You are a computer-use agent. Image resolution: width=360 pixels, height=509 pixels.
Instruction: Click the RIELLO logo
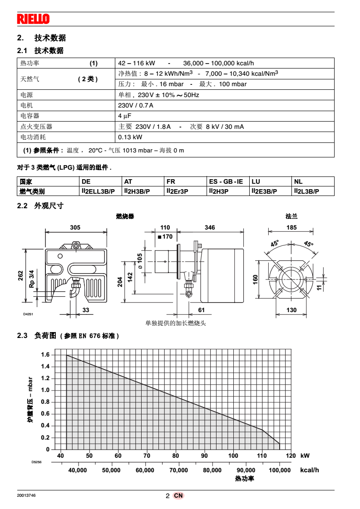[x=33, y=19]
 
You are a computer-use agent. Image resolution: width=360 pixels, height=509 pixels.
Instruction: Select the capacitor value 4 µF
[x=124, y=116]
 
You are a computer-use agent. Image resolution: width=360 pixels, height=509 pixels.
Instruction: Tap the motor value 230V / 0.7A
[x=136, y=106]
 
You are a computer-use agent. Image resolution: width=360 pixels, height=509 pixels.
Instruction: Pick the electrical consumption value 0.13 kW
[x=130, y=137]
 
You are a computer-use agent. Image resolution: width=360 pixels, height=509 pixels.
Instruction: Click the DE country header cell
[x=86, y=181]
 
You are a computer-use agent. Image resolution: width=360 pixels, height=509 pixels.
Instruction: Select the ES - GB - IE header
[x=226, y=181]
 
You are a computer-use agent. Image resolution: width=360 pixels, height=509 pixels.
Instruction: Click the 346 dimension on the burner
[x=210, y=228]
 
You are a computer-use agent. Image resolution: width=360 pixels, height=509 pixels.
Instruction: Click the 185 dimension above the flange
[x=291, y=228]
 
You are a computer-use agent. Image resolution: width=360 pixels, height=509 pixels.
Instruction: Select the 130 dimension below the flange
[x=291, y=310]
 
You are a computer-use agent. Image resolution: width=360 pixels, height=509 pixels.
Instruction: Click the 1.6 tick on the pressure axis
[x=45, y=355]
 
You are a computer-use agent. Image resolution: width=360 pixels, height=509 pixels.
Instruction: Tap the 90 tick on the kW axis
[x=204, y=456]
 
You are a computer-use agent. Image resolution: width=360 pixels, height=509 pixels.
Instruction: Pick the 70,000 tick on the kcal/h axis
[x=178, y=470]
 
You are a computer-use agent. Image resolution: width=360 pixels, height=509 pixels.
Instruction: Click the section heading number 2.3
[x=23, y=336]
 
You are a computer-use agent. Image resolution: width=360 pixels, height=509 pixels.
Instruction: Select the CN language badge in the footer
[x=178, y=496]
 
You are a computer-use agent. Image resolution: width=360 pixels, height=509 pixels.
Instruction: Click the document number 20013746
[x=26, y=496]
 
